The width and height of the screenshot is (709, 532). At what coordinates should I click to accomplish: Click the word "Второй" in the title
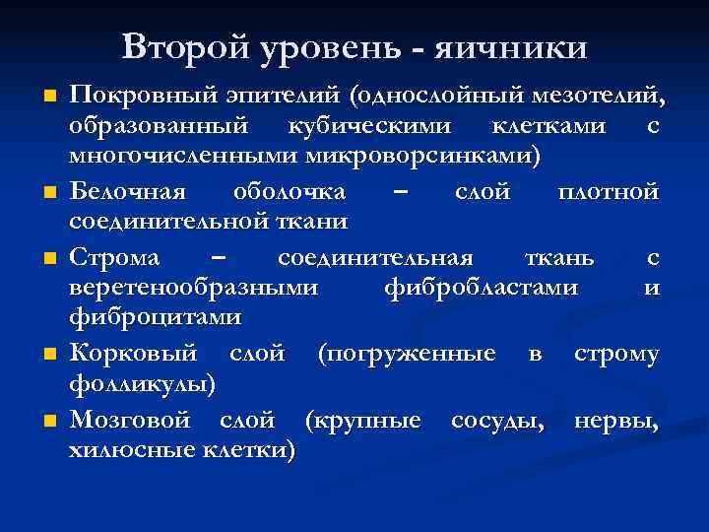(x=185, y=46)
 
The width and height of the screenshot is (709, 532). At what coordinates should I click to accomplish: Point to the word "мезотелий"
(x=596, y=98)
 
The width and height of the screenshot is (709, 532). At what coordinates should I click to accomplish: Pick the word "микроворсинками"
(x=424, y=158)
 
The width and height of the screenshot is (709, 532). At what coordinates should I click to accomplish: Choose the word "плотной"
(x=608, y=192)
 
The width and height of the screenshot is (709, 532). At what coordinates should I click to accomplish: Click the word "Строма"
(x=112, y=257)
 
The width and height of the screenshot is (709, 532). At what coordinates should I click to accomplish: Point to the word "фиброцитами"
(x=155, y=317)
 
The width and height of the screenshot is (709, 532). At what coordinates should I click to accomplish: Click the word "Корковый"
(x=134, y=352)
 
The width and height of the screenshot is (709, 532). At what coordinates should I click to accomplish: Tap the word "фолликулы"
(x=144, y=382)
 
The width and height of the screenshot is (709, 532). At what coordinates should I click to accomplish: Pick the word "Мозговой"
(x=131, y=421)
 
